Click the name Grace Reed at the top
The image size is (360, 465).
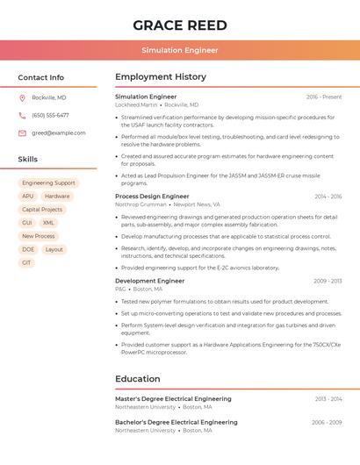[180, 25]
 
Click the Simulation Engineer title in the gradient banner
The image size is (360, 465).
[180, 51]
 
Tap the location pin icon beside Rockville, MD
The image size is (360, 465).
[22, 97]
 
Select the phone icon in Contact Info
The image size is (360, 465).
[22, 115]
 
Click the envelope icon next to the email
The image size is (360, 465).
[22, 133]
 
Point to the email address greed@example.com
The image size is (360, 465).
[59, 133]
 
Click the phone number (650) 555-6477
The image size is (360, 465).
[50, 115]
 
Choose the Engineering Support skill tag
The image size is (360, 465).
[48, 183]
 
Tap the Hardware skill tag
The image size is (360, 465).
[57, 197]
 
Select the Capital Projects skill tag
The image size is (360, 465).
[42, 210]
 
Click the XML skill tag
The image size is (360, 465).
[48, 223]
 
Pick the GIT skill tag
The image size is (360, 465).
[26, 262]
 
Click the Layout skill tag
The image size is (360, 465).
[54, 249]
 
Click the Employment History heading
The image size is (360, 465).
[161, 77]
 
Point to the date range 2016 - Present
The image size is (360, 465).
[324, 97]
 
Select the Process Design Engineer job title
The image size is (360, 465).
[152, 197]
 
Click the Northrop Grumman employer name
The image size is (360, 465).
[140, 204]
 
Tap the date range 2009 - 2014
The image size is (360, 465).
[328, 281]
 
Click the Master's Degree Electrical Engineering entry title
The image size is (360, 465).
[173, 398]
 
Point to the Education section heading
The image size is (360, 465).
[137, 379]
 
